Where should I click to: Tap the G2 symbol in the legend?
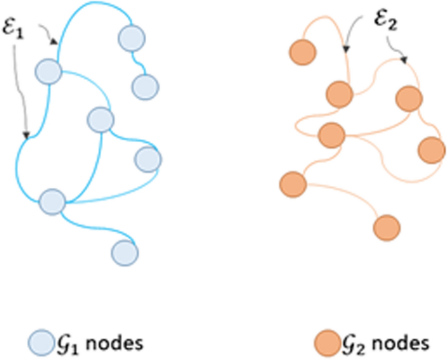coord(352,342)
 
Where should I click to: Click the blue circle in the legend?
coord(40,342)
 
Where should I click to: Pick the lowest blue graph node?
coord(124,252)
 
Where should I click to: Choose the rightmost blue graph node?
coord(147,158)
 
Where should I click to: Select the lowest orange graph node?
coord(386,227)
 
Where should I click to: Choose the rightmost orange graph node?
coord(431,149)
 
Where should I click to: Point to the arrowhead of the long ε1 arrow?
coord(27,136)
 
